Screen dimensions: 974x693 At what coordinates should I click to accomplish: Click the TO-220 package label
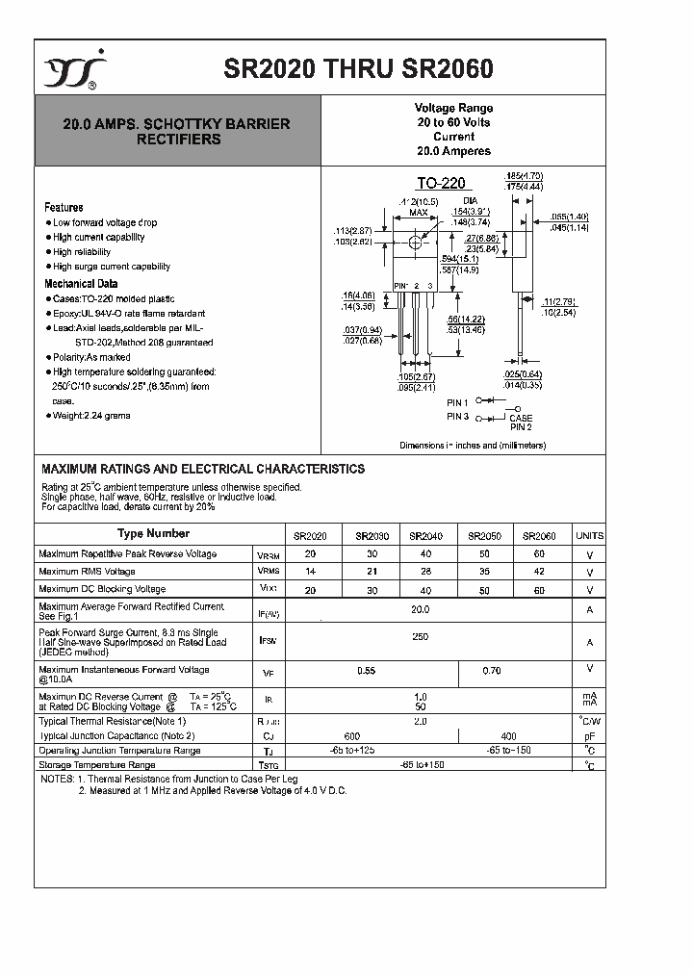tap(440, 184)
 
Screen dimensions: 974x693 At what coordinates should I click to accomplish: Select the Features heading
tap(64, 207)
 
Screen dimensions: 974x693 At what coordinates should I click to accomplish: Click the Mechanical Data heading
tap(81, 284)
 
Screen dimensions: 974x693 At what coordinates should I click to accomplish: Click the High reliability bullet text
tap(84, 252)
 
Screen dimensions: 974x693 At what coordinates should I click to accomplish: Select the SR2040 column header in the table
tap(425, 536)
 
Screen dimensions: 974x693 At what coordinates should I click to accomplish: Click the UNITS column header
tap(589, 536)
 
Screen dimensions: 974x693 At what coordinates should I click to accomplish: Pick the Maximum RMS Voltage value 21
tap(372, 572)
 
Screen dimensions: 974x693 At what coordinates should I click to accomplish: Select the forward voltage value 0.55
tap(366, 670)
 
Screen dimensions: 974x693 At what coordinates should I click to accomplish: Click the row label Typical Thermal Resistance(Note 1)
tap(112, 721)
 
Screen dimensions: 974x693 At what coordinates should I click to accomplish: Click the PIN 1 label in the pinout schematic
tap(457, 401)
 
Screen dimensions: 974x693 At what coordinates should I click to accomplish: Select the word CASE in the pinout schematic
tap(521, 418)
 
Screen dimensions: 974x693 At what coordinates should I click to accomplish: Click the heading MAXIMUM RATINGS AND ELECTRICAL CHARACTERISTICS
tap(202, 469)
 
